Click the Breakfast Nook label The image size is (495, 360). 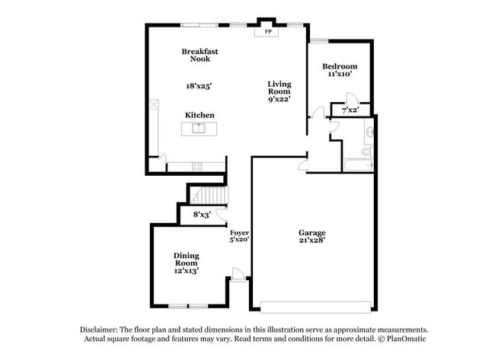point(200,55)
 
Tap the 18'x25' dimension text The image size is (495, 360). point(199,86)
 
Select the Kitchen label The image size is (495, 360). point(200,114)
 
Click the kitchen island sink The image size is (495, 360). point(200,129)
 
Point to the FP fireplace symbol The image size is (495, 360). point(267,32)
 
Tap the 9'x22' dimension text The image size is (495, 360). point(279,100)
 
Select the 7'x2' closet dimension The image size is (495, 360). point(350,110)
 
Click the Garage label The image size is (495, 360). point(311,232)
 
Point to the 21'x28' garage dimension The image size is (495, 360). point(311,241)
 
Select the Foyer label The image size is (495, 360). point(240,231)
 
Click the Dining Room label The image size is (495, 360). point(187,259)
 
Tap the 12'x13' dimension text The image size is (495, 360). point(187,270)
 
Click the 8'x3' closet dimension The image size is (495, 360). point(201,215)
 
